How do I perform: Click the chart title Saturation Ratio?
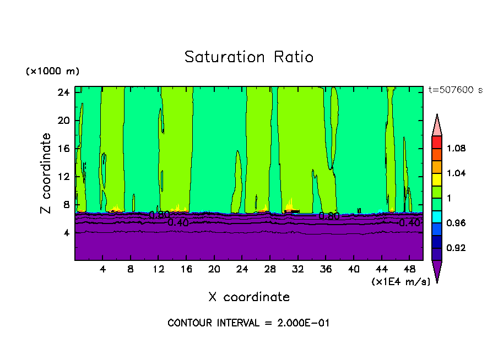[248, 57]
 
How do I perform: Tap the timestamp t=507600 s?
[455, 90]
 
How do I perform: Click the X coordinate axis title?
[249, 297]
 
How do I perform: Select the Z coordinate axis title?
[46, 173]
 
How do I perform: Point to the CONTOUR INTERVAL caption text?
[248, 323]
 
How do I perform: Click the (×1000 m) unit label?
[52, 72]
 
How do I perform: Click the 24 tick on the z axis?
[63, 92]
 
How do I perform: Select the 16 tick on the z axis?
[63, 149]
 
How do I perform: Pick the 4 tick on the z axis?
[66, 233]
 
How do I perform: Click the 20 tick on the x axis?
[214, 269]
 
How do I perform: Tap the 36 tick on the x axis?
[326, 269]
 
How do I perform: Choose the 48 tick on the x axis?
[409, 269]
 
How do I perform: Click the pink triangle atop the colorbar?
[437, 124]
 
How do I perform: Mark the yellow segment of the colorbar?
[437, 179]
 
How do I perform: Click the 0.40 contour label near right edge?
[409, 223]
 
